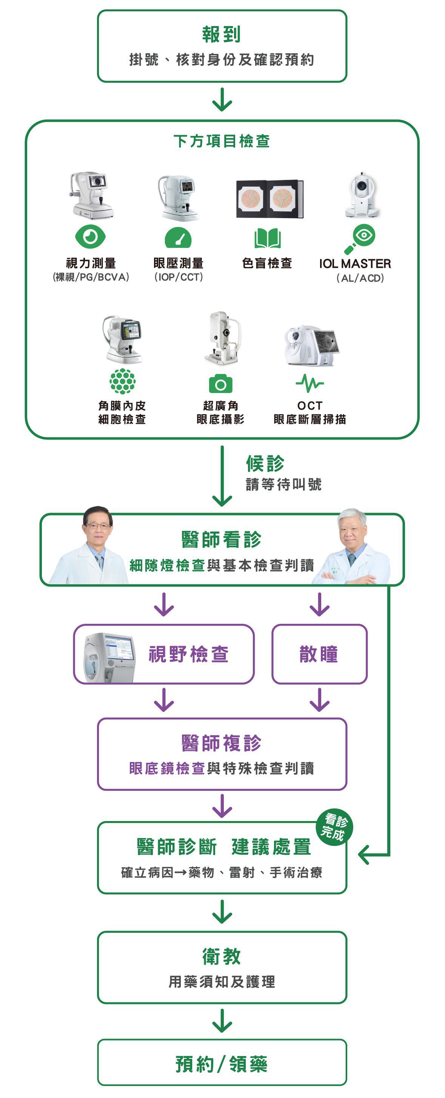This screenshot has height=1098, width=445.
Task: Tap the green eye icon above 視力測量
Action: pos(90,237)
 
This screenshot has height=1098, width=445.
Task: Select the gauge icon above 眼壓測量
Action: pos(178,237)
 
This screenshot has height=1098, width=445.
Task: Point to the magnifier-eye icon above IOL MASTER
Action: pos(360,238)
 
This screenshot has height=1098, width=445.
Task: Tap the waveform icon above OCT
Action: pos(309,384)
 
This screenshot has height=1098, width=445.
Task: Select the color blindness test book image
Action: pos(269,199)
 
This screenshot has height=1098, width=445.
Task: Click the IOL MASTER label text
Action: pos(355,264)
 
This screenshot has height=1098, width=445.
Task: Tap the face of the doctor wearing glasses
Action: pos(97,526)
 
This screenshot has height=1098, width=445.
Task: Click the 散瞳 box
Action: pos(319,654)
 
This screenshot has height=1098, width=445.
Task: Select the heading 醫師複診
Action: pos(222,743)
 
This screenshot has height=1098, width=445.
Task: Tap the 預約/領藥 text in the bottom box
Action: pos(222,1064)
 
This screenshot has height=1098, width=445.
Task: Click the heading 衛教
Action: pos(222,956)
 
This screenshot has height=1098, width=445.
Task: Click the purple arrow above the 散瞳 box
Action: pos(319,605)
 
